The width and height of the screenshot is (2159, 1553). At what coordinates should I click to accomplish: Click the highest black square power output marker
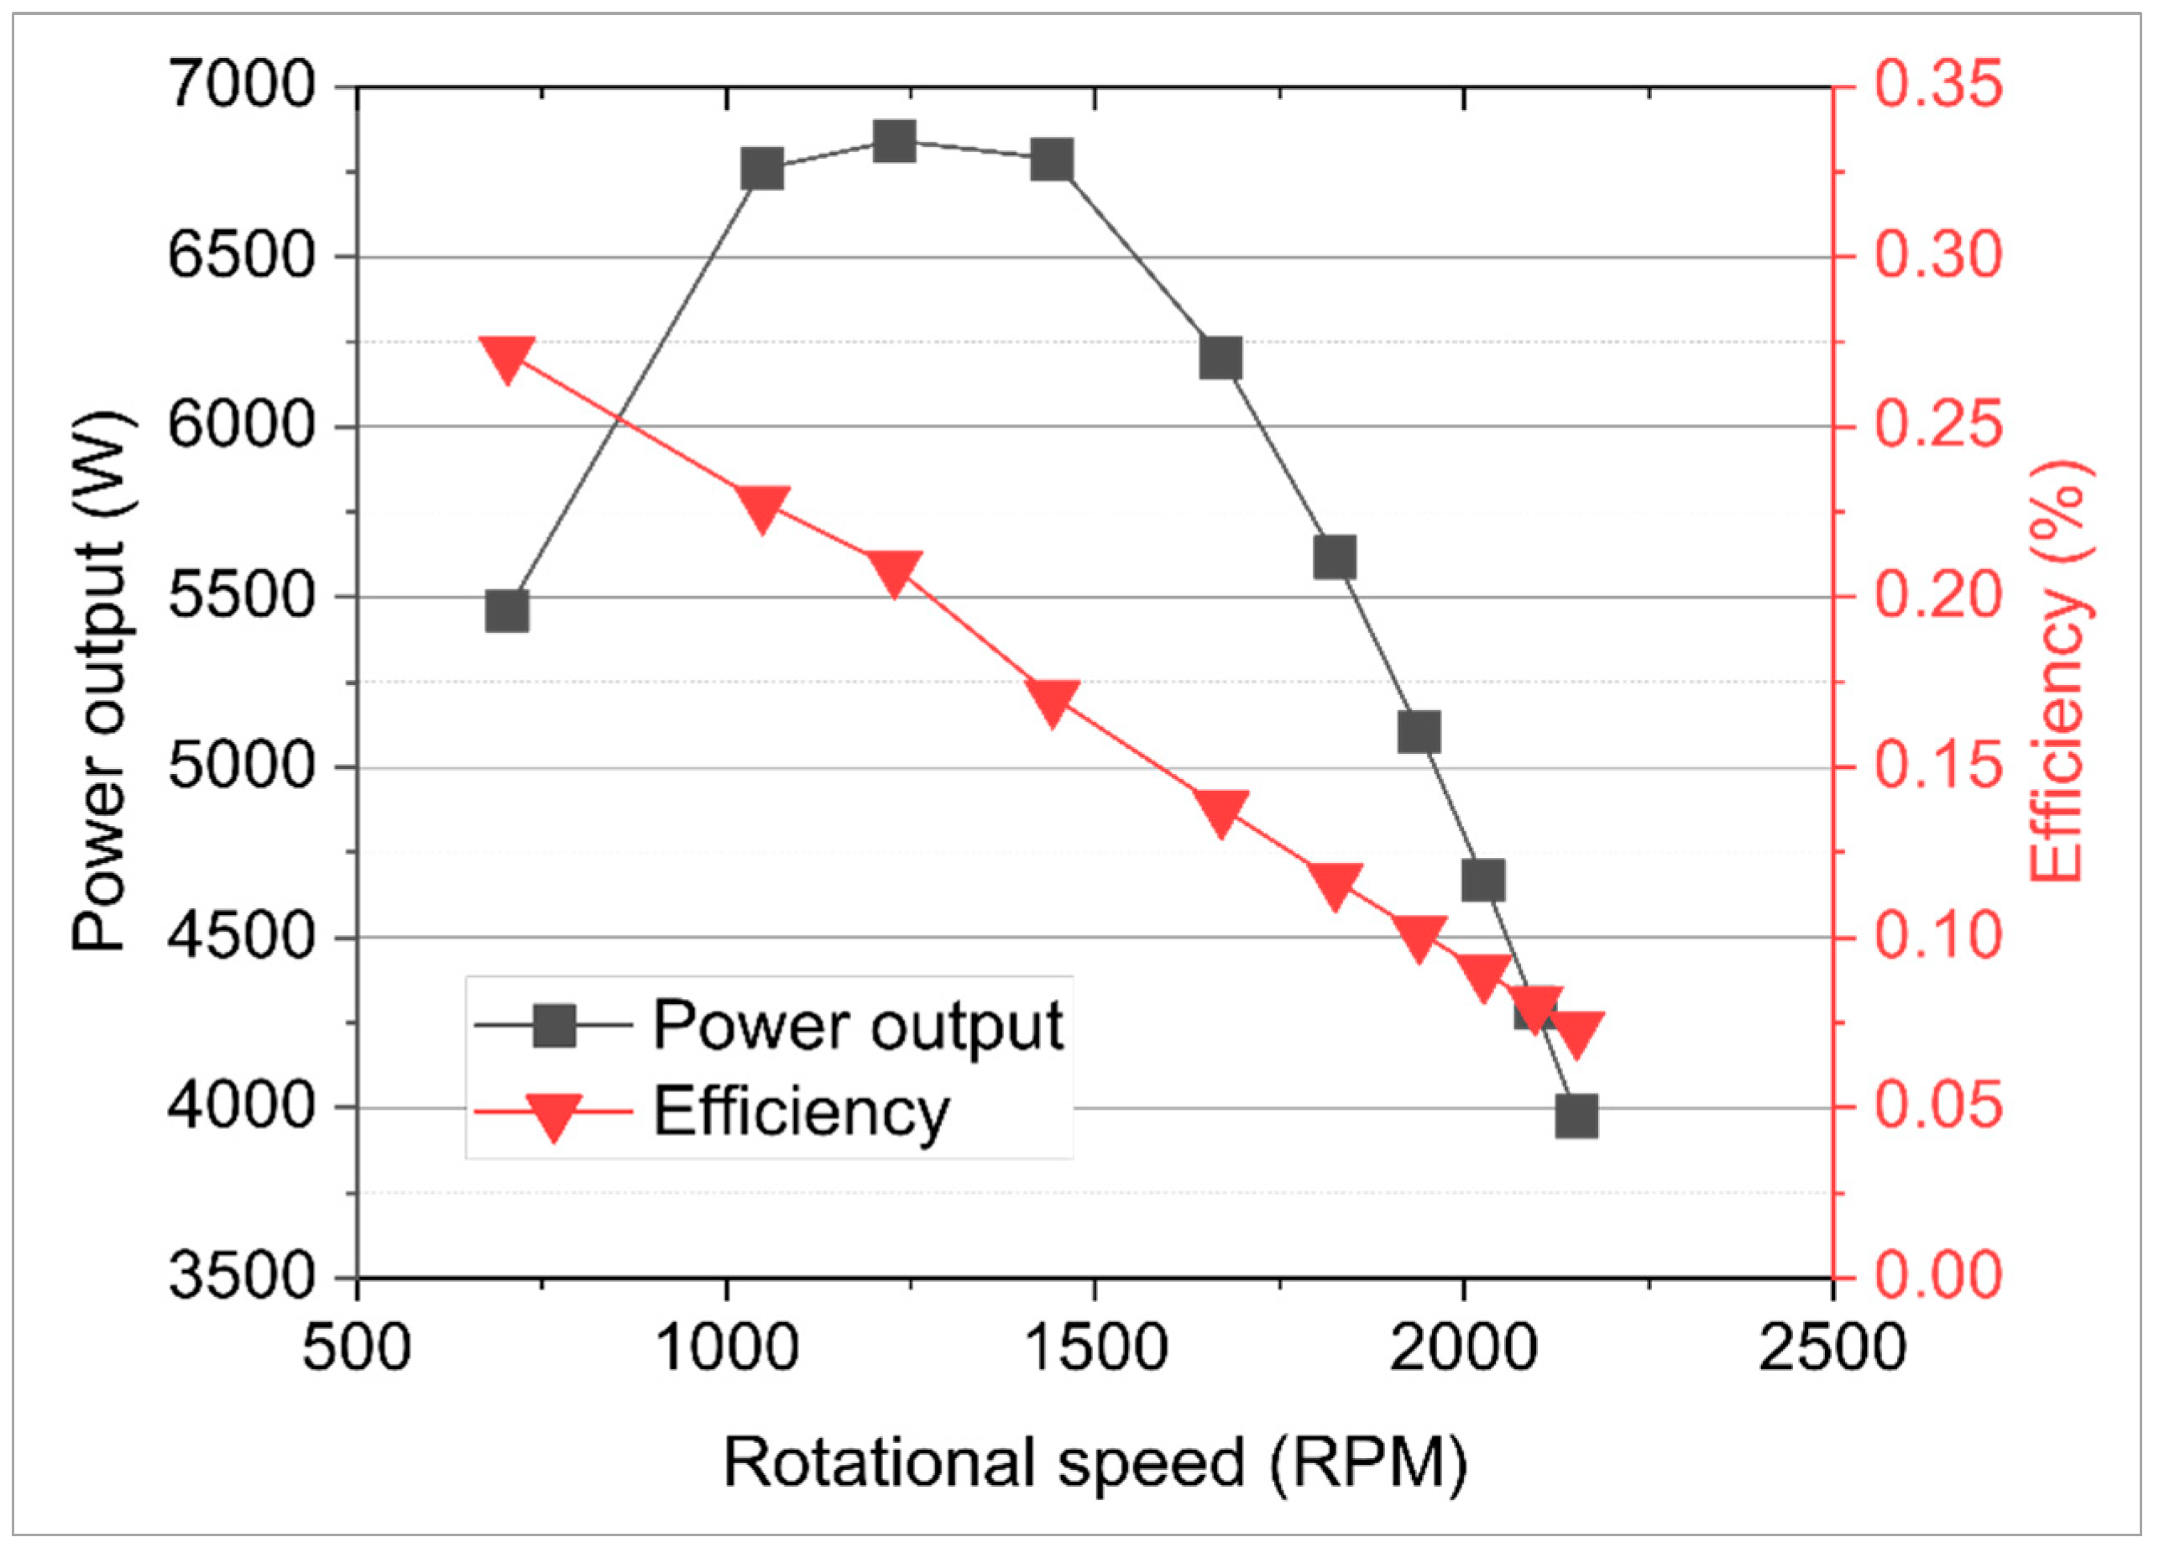(895, 143)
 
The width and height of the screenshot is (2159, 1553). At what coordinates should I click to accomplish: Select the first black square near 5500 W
(506, 611)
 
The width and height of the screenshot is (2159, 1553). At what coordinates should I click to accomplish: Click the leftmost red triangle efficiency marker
(506, 358)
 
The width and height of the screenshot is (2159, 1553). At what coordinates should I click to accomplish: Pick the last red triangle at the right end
(1576, 1034)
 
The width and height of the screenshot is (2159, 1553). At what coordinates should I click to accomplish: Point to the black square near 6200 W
(1221, 359)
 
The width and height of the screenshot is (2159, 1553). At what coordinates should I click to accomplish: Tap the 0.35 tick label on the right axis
(1938, 86)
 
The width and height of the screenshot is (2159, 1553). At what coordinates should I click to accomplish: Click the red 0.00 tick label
(1938, 1276)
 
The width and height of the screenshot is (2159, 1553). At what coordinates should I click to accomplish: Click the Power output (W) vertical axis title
(100, 681)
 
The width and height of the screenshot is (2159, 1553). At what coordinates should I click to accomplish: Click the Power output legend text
(857, 1027)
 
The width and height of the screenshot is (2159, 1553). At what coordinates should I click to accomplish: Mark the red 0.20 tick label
(1938, 597)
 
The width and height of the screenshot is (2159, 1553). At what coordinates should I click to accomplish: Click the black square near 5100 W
(1419, 733)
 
